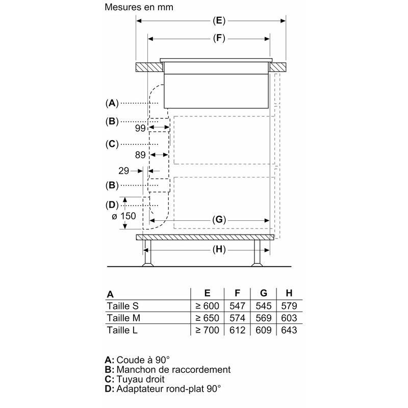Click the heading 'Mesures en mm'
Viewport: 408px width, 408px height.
point(139,8)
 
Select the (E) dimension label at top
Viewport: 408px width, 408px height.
point(218,21)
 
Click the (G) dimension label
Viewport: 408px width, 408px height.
point(218,220)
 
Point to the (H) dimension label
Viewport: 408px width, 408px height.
point(218,250)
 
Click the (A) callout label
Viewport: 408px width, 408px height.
point(112,103)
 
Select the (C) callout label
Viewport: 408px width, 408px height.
point(112,144)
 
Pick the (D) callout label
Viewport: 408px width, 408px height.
point(112,205)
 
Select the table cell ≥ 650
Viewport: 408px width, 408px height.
point(207,318)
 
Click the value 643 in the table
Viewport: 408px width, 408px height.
point(289,330)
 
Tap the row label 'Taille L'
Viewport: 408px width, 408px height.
point(122,330)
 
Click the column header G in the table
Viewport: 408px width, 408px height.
point(263,293)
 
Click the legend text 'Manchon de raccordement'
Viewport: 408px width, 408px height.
point(168,369)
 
